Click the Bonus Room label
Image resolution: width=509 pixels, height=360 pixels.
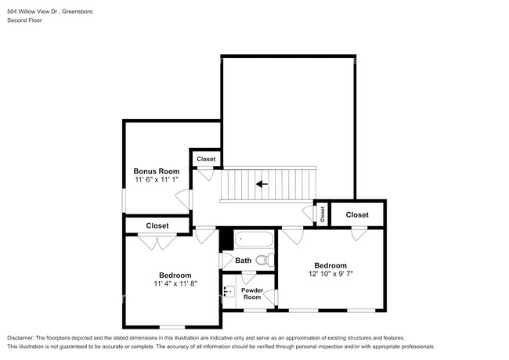(x=157, y=171)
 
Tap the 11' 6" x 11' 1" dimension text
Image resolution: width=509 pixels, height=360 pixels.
(x=157, y=180)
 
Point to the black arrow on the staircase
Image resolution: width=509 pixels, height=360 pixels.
(x=262, y=185)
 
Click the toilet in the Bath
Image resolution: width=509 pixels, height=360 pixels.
(x=264, y=260)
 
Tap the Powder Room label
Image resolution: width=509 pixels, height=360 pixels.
(x=251, y=293)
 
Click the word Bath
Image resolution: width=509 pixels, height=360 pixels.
(x=244, y=261)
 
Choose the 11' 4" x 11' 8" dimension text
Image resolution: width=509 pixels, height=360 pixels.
(x=175, y=284)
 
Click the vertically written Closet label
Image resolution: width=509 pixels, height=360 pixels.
(x=321, y=212)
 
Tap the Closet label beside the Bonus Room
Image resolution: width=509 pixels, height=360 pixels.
(x=206, y=159)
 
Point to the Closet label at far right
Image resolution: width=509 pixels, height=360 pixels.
(x=357, y=214)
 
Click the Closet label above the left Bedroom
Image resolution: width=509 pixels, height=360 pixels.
(x=157, y=225)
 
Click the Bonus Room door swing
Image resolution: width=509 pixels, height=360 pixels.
(x=182, y=199)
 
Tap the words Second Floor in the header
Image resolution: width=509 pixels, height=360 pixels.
(x=24, y=20)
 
